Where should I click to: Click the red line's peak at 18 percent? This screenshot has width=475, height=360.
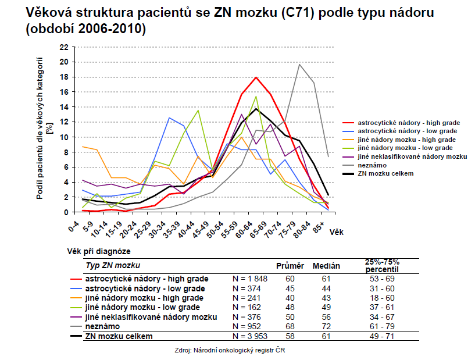256,77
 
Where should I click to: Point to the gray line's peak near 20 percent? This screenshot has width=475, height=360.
299,65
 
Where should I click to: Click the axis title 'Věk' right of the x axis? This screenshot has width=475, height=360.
335,231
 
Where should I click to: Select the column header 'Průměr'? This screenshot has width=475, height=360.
290,266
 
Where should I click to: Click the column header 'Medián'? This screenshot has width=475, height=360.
326,266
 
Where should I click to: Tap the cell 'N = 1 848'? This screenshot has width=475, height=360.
249,279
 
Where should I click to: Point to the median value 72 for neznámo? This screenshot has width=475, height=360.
326,326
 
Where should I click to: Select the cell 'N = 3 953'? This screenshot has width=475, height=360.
249,336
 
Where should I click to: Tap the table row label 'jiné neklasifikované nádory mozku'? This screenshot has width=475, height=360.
151,317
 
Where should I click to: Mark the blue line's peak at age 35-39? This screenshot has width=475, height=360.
169,118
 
